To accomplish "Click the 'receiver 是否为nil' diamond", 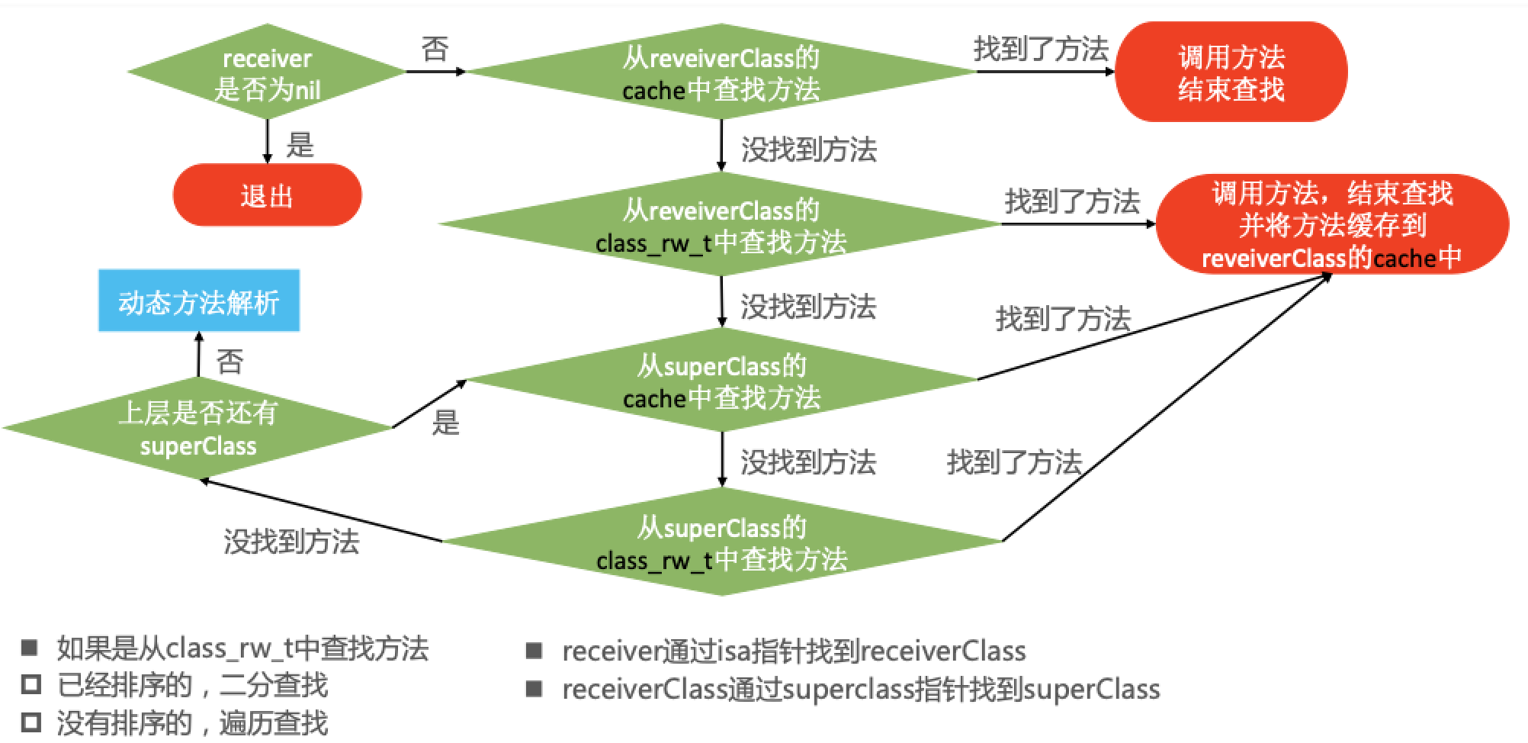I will tap(266, 72).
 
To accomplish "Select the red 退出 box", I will tap(267, 196).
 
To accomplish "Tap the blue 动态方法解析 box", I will tap(199, 301).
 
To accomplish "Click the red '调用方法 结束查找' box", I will tap(1230, 72).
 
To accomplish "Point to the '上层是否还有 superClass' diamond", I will tap(198, 429).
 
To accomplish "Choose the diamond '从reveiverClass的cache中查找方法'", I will tap(721, 72).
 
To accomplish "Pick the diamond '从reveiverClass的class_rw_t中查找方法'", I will tap(721, 225).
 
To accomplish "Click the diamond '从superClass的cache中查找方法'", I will tap(721, 381).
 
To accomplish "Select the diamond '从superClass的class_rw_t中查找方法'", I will tap(721, 542).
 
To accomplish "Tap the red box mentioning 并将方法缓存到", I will tap(1331, 225).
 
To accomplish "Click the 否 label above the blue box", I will tap(230, 360).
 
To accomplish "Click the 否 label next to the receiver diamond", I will tap(435, 50).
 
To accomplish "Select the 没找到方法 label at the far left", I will tap(291, 541).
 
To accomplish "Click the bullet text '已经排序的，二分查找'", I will tap(192, 685).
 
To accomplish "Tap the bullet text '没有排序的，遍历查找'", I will tap(192, 722).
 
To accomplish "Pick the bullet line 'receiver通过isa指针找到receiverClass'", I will tap(793, 651).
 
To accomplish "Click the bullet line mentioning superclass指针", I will tap(860, 689).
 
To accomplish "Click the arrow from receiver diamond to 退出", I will tap(267, 140).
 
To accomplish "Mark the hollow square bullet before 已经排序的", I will tap(30, 684).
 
